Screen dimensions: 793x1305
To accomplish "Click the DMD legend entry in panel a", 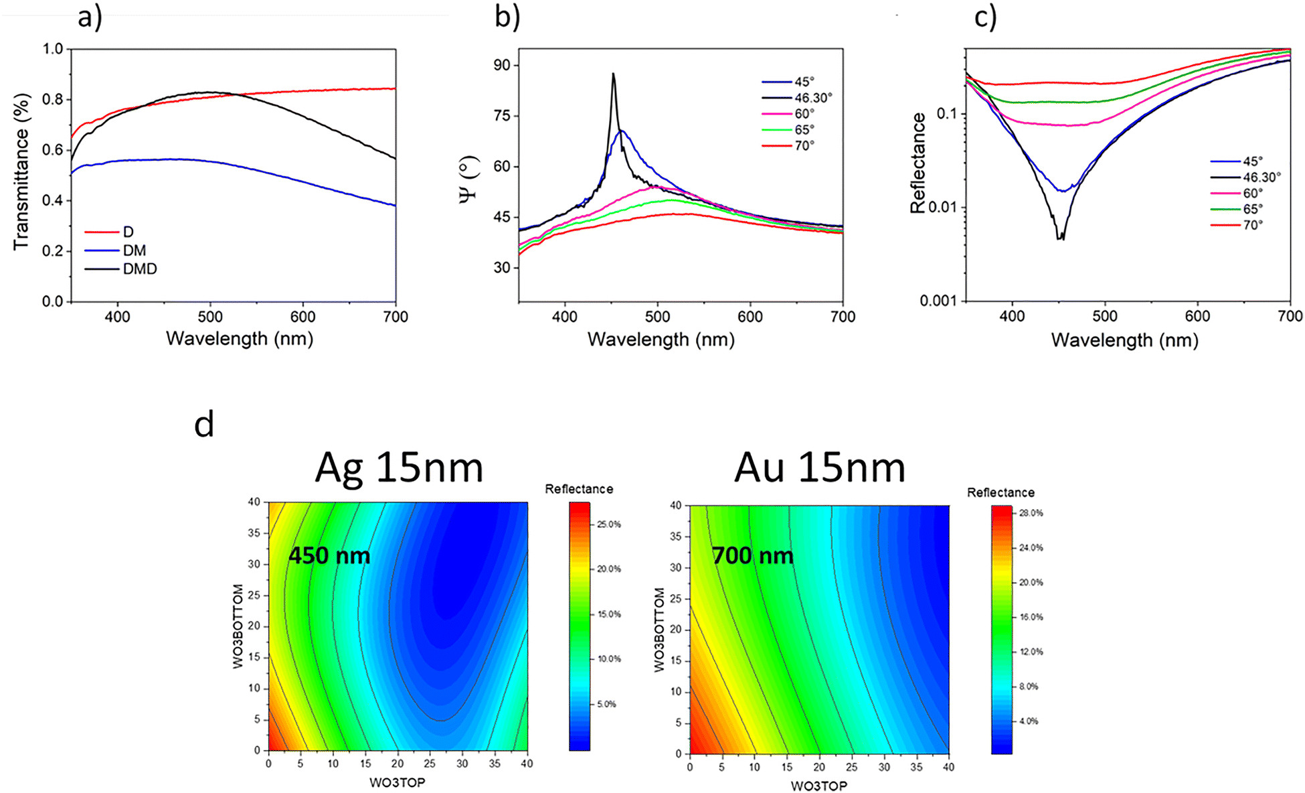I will coord(140,269).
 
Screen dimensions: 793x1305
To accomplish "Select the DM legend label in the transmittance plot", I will coord(135,250).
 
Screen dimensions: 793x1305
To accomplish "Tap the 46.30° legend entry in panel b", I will coord(813,98).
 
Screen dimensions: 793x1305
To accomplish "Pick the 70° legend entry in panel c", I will coord(1253,225).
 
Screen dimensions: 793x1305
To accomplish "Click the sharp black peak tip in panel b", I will coord(613,74).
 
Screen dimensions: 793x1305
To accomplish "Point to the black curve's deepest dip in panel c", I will coord(1060,237).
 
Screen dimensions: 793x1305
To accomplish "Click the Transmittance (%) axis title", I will coord(21,171).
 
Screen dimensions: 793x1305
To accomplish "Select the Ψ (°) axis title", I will coord(470,178).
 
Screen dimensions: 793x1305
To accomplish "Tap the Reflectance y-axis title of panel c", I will coord(918,163).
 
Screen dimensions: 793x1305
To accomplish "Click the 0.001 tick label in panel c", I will coord(938,301).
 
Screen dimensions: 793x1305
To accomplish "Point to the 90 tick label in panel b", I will coord(502,65).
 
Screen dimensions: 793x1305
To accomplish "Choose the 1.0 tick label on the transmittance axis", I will coord(53,49).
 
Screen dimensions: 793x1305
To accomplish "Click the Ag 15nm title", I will coord(399,467).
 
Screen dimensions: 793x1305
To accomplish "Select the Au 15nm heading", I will coord(820,467).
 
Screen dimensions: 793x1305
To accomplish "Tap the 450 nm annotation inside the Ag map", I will coord(329,555).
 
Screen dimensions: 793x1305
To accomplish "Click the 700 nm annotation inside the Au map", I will coord(753,555).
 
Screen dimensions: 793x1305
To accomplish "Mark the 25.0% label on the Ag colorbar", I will coord(609,524).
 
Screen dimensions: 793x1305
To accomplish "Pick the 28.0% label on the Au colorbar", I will coord(1031,513).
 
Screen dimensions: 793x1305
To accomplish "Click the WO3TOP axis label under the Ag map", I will coord(398,782).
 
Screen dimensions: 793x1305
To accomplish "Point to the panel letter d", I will coord(204,424).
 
